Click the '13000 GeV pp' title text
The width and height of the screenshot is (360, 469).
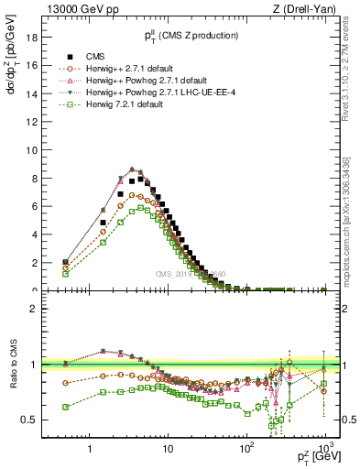[75, 9]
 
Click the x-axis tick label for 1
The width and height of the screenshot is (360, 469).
[89, 449]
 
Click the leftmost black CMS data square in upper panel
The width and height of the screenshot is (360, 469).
[64, 262]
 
